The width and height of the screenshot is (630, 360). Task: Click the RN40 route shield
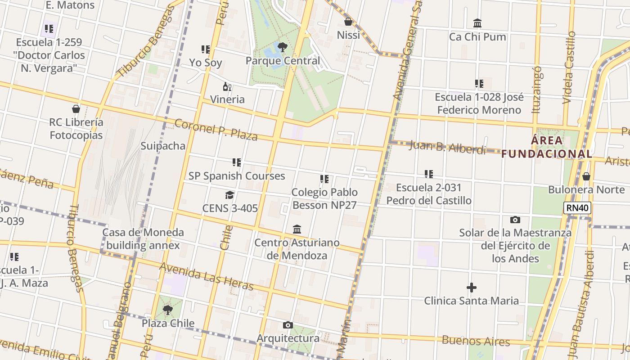[x=577, y=207]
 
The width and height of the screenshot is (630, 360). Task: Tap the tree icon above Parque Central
[x=283, y=47]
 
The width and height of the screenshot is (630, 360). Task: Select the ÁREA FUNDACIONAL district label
[x=547, y=147]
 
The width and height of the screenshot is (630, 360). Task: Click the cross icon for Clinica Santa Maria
[x=471, y=288]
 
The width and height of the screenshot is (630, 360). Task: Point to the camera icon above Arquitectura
[x=288, y=325]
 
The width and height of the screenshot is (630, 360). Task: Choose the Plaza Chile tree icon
[x=168, y=310]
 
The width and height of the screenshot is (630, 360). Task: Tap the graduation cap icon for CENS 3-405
[x=230, y=195]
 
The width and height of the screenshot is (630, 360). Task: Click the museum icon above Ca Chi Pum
[x=477, y=23]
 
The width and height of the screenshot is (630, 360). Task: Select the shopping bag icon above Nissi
[x=348, y=21]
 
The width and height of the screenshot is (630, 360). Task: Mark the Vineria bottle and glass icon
[x=227, y=86]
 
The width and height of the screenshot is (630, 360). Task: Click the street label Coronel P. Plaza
[x=216, y=130]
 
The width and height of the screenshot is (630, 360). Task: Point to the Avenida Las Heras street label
[x=206, y=276]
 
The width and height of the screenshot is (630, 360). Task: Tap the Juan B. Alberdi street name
[x=447, y=147]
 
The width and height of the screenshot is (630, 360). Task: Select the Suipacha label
[x=163, y=146]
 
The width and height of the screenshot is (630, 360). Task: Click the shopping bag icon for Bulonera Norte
[x=586, y=176]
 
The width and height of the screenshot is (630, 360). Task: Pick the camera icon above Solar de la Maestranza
[x=515, y=220]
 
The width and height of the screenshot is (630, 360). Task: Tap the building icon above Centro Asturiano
[x=297, y=229]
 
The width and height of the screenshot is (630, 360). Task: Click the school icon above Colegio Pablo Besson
[x=324, y=179]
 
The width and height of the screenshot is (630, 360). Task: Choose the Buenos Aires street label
[x=476, y=341]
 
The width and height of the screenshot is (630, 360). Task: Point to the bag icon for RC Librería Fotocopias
[x=76, y=109]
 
